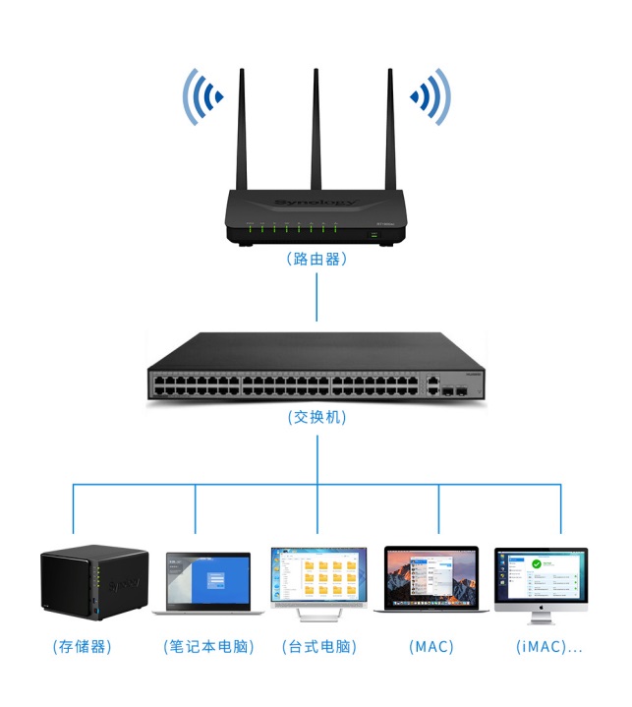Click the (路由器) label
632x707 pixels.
click(x=316, y=261)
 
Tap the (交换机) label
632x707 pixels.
click(x=316, y=417)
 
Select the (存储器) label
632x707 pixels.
click(x=82, y=647)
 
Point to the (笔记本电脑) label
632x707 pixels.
click(x=208, y=647)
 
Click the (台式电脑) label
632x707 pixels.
click(x=318, y=647)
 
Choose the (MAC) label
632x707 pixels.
click(x=431, y=647)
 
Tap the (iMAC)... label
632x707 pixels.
click(x=548, y=647)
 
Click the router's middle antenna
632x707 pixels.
click(x=316, y=128)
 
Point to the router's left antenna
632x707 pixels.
click(x=243, y=128)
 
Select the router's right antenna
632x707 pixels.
click(x=390, y=128)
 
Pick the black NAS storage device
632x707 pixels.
click(x=93, y=584)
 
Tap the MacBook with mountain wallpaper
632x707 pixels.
click(x=431, y=577)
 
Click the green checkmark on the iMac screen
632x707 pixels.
click(x=537, y=565)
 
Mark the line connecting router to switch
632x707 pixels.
click(x=316, y=297)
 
